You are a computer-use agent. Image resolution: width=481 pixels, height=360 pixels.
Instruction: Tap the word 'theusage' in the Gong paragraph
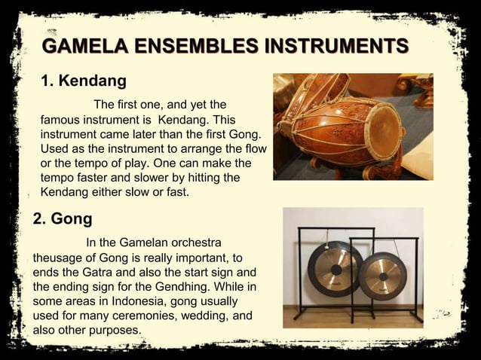[x=60, y=258]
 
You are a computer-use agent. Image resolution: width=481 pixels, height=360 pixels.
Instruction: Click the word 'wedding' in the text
[x=195, y=316]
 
